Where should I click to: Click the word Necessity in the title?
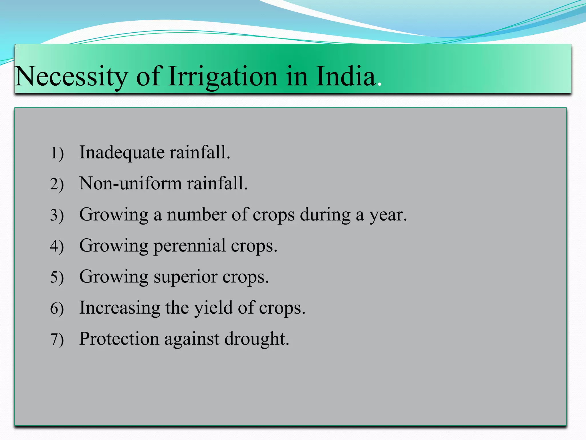coord(71,76)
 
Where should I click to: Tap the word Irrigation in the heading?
coord(223,76)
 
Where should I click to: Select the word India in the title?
coord(346,76)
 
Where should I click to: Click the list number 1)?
coord(57,153)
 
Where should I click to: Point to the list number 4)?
coord(57,246)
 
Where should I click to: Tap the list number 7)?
coord(57,339)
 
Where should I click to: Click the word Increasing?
coord(120,308)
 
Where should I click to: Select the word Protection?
coord(119,339)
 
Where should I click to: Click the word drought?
coord(256,339)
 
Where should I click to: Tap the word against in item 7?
coord(192,339)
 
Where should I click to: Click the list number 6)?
coord(57,309)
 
